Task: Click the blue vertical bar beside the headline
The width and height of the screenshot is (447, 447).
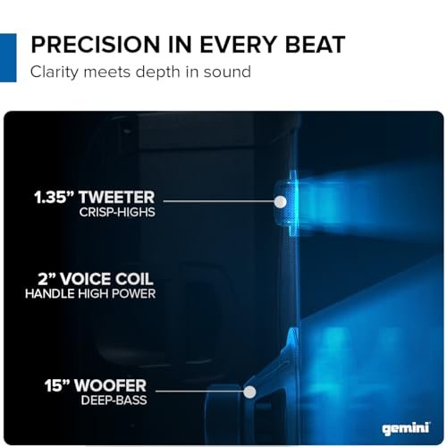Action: [8, 57]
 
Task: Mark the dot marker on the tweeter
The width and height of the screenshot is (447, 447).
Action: [280, 202]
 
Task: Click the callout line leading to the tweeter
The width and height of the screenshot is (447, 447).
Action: [219, 202]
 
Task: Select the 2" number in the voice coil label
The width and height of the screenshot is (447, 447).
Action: [54, 277]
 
